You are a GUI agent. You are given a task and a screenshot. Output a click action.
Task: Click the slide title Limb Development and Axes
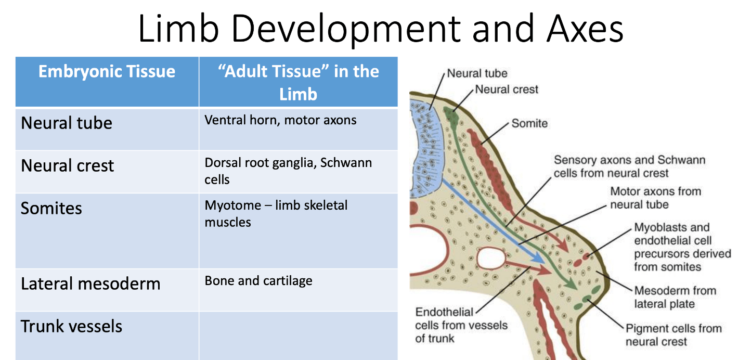[381, 30]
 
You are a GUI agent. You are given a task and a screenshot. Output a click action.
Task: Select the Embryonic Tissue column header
[107, 71]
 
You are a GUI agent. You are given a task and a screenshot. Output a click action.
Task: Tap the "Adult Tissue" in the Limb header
[298, 82]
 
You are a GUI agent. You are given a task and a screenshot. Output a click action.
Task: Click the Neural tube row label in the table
[67, 123]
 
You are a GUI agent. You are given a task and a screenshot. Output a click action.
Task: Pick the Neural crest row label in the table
[67, 166]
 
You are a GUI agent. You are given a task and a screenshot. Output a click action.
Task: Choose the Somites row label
[51, 209]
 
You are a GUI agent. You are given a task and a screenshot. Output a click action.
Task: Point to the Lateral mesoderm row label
[90, 284]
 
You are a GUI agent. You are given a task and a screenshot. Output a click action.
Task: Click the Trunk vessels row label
[72, 327]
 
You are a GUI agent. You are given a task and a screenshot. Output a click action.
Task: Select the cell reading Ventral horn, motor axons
[280, 120]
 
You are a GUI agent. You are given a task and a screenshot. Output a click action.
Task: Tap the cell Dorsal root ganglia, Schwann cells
[288, 171]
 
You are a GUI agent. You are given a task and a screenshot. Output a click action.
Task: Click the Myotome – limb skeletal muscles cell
[276, 213]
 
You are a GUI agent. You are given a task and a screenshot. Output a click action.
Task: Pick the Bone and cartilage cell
[258, 281]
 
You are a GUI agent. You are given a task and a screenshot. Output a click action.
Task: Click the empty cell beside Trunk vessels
[298, 336]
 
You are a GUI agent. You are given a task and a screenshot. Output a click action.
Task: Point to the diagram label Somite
[529, 123]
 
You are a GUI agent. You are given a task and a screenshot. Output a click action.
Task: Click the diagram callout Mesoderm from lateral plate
[675, 297]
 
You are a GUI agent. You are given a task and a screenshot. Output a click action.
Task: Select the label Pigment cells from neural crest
[673, 335]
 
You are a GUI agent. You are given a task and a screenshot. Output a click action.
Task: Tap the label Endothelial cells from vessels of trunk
[461, 325]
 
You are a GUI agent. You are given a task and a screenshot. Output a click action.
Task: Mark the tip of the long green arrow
[576, 288]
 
